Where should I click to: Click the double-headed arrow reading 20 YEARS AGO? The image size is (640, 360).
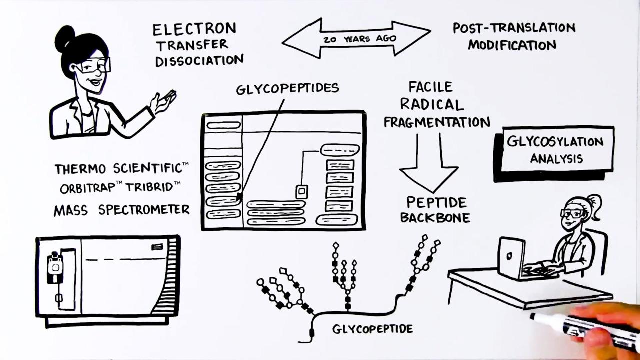[x=356, y=38]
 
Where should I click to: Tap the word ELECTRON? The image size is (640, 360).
[x=194, y=29]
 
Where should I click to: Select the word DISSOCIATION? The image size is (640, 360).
[x=199, y=61]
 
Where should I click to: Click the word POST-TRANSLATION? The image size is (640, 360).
[x=514, y=28]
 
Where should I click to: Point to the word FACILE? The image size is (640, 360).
[x=430, y=87]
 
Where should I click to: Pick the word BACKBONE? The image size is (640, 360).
[x=435, y=218]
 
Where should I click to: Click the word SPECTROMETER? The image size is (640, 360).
[x=144, y=210]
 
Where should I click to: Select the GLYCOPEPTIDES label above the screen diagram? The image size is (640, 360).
[x=287, y=89]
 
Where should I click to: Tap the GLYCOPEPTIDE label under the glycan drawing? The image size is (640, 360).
[x=372, y=329]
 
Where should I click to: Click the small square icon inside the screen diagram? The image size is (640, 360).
[x=301, y=191]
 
